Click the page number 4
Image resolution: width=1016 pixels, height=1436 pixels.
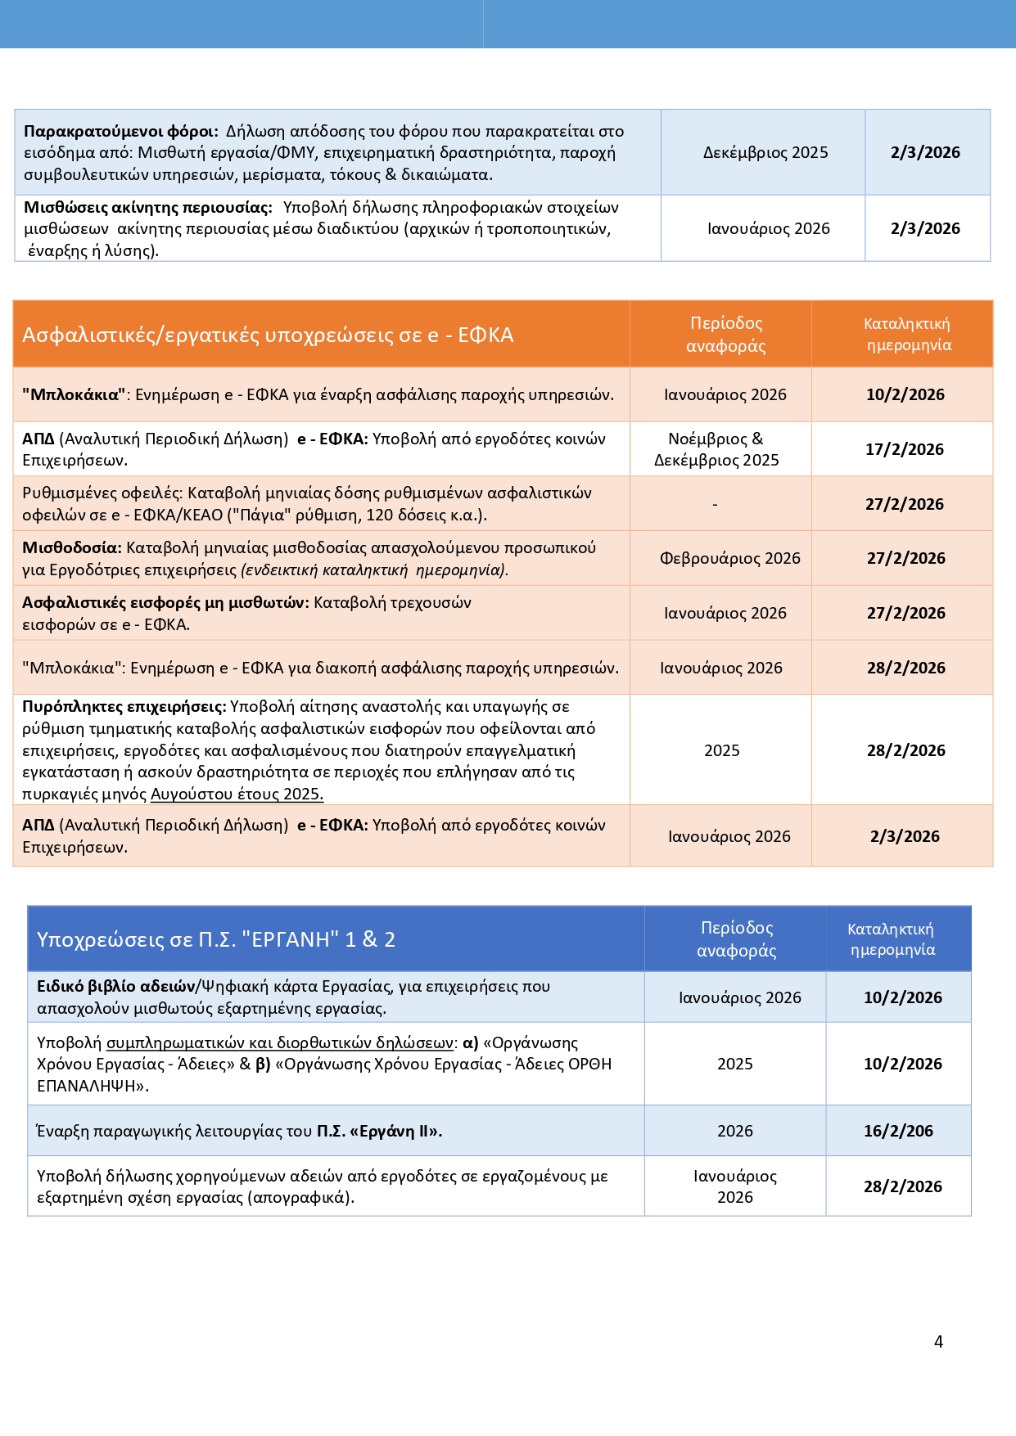[x=938, y=1342]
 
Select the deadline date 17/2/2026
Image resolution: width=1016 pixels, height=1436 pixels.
[x=905, y=449]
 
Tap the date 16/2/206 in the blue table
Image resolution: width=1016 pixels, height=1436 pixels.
[x=898, y=1131]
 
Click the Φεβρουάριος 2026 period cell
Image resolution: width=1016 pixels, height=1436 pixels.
[x=729, y=558]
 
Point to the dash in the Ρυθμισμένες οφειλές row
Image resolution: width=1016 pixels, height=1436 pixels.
[x=715, y=505]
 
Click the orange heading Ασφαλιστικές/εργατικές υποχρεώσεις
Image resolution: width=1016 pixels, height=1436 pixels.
[x=268, y=335]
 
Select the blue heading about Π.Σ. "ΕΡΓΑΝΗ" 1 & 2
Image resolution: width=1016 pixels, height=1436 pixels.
[x=216, y=939]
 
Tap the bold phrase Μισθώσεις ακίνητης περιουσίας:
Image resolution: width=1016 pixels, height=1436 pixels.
[x=148, y=207]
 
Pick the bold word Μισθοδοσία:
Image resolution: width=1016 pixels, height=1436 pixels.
[x=72, y=547]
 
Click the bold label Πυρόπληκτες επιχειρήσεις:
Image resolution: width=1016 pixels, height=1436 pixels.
[x=124, y=706]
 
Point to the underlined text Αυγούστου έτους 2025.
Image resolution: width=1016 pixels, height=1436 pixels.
[x=237, y=794]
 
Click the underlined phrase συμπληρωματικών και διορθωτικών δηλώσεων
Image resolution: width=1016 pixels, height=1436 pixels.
[x=280, y=1042]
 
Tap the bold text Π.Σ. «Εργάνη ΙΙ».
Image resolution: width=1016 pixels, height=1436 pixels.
[x=380, y=1131]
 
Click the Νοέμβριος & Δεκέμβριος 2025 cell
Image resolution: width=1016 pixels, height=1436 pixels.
[x=716, y=449]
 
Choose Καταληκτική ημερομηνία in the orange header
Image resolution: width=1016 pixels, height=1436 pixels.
[x=907, y=334]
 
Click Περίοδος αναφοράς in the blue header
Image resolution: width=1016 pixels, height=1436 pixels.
[x=736, y=939]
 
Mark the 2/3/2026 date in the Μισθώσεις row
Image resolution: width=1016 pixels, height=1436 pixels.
[x=925, y=228]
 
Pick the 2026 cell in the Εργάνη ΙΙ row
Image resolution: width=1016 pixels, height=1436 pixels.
[x=734, y=1131]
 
